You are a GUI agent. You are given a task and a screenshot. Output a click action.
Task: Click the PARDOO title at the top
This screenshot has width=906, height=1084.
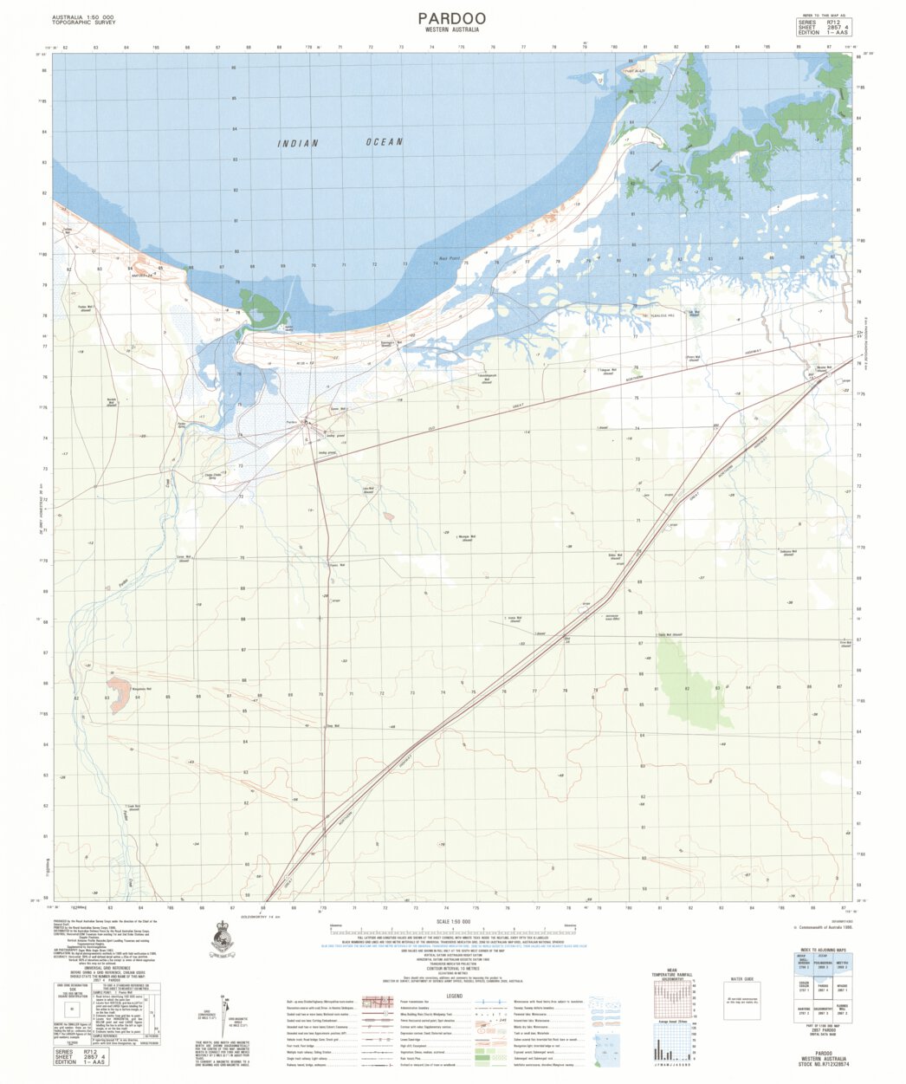(x=451, y=18)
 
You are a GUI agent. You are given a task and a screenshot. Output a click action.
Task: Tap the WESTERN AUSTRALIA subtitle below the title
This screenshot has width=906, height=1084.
(x=451, y=30)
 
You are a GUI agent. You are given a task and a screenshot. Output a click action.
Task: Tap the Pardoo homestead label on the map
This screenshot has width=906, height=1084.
(x=292, y=422)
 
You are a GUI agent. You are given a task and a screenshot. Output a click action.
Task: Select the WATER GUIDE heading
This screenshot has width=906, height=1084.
(x=741, y=979)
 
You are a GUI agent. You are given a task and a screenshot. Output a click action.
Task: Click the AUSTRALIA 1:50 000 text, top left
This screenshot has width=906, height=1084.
(x=84, y=18)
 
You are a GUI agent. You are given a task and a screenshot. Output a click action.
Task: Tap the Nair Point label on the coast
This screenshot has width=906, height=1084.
(x=448, y=259)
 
